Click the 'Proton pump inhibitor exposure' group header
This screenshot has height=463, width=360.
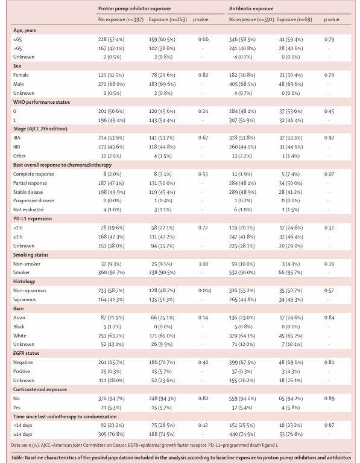click(134, 8)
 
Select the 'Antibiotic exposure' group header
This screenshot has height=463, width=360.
click(251, 8)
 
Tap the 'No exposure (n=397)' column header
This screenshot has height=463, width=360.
click(121, 19)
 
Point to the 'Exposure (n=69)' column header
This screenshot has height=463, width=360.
click(294, 19)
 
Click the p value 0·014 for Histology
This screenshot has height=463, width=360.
click(204, 290)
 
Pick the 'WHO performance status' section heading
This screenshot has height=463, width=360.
click(42, 102)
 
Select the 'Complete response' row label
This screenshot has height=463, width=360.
click(34, 174)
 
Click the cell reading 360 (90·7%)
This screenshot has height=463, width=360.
click(112, 272)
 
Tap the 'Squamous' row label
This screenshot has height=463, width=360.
click(25, 299)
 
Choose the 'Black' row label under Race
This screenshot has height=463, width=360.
click(19, 327)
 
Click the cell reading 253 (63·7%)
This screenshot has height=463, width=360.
click(112, 336)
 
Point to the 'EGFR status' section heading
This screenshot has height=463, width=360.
click(27, 353)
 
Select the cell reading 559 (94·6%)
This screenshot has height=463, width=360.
click(242, 398)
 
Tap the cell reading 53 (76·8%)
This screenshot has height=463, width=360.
click(291, 434)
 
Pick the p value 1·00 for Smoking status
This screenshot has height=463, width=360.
click(203, 264)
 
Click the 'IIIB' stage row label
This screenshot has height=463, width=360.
click(17, 147)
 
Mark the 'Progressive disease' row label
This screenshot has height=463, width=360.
click(34, 200)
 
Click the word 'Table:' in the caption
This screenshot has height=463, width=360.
click(17, 458)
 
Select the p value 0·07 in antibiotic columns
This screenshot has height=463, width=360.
click(329, 174)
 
